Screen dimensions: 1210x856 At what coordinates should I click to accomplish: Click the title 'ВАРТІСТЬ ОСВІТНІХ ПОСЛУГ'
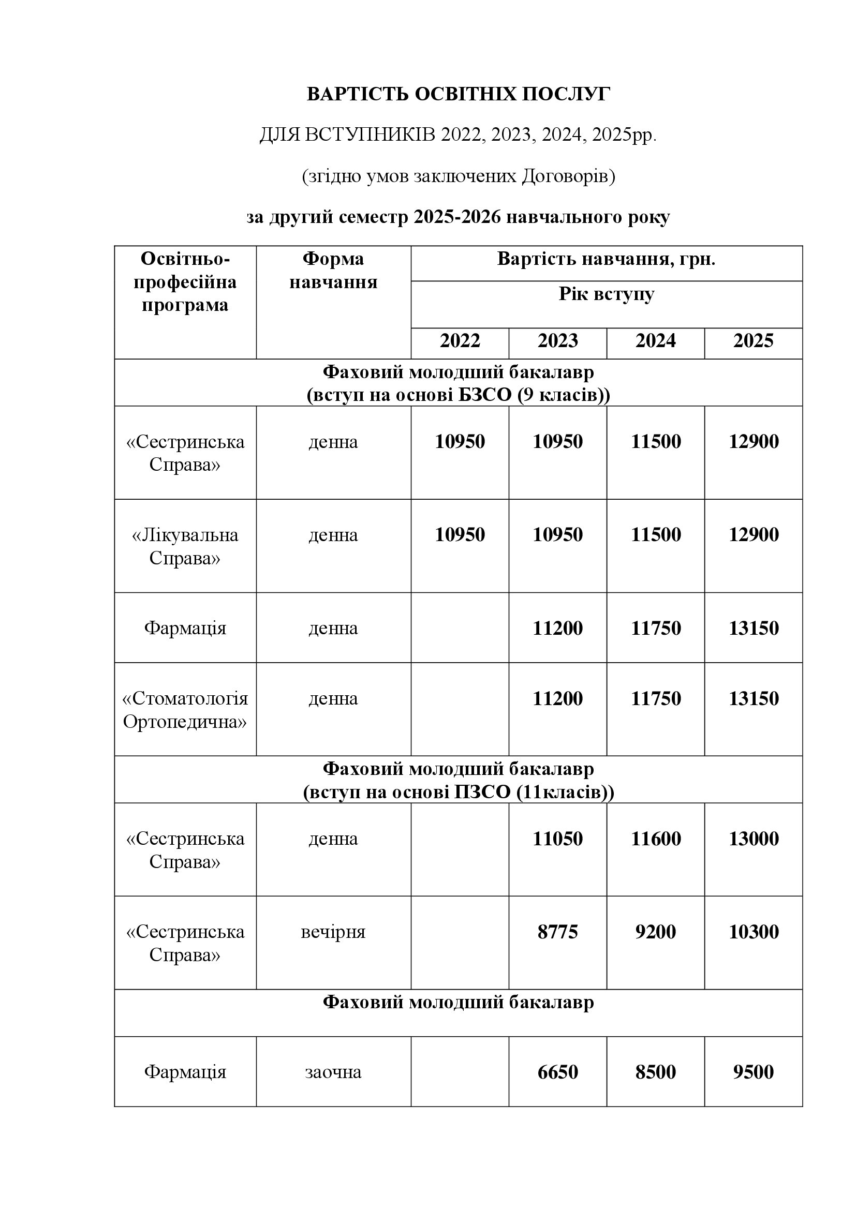(458, 94)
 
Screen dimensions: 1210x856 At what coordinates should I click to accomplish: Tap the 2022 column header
(460, 341)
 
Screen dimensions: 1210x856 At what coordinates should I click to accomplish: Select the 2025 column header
(753, 341)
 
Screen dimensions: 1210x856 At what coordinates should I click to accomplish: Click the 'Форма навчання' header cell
(333, 271)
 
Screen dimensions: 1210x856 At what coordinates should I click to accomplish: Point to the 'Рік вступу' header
(606, 294)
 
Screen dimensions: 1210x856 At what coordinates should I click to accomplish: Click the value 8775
(558, 932)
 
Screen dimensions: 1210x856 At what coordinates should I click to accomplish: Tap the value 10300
(753, 932)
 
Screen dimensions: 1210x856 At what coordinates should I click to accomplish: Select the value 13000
(753, 839)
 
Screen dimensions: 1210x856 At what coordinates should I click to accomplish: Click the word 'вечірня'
(333, 932)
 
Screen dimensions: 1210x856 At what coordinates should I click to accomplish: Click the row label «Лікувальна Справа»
(185, 546)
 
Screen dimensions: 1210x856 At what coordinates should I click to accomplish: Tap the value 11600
(656, 839)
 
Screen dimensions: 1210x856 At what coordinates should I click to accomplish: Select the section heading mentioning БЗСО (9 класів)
(458, 384)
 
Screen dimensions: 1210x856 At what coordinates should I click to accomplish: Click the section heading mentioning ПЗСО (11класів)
(458, 781)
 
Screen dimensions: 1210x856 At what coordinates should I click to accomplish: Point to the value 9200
(656, 932)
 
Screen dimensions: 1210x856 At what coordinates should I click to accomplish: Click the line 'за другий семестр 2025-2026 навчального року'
(458, 217)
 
